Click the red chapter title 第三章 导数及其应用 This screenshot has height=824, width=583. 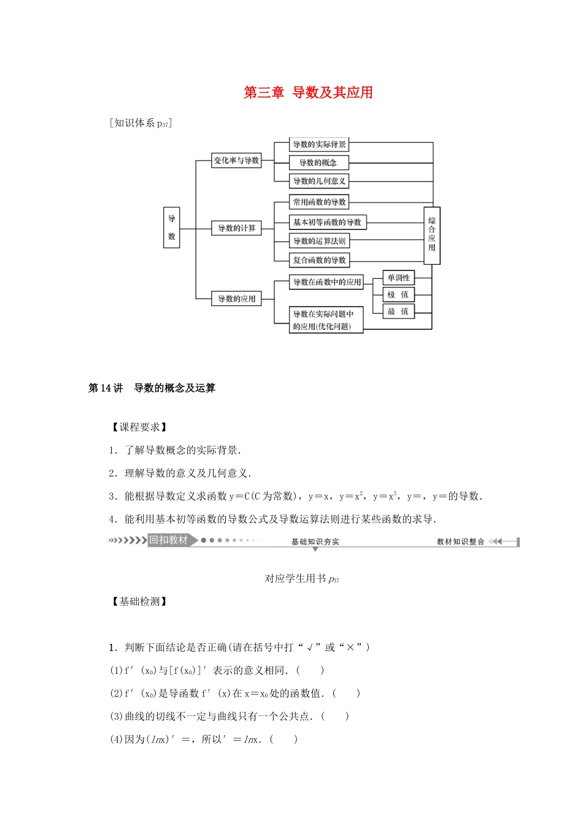(x=308, y=93)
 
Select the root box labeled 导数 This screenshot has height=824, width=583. (x=172, y=227)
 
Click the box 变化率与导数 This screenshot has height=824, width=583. (x=236, y=161)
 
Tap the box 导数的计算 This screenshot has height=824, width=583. (x=236, y=228)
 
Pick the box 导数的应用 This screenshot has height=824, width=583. (x=236, y=299)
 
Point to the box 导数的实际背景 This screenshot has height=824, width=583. (x=319, y=145)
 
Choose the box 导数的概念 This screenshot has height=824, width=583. (x=319, y=162)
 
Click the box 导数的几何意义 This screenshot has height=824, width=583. (x=319, y=181)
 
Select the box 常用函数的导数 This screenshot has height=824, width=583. (x=319, y=202)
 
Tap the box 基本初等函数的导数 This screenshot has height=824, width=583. (x=327, y=222)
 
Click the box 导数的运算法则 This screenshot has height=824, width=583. (x=319, y=241)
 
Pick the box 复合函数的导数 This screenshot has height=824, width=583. (x=319, y=260)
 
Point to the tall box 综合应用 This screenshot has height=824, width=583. (x=432, y=235)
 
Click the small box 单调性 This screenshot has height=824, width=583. (x=398, y=278)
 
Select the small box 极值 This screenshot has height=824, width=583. (x=398, y=295)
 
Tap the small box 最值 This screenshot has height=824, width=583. (x=398, y=311)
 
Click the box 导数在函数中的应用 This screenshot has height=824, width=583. (x=327, y=282)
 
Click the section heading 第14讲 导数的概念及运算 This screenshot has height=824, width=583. (x=152, y=388)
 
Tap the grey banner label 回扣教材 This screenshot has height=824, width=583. (x=169, y=540)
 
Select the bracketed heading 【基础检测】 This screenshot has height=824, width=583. (x=139, y=601)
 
